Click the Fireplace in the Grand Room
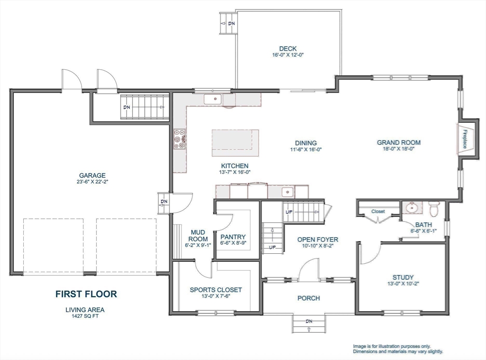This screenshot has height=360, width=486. pos(465,138)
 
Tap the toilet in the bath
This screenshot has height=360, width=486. pos(434,207)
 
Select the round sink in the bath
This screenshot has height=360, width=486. pos(411,208)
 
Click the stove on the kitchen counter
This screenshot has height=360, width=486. pos(179,138)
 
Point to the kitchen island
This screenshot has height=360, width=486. pos(235,142)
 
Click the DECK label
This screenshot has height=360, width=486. pos(288,48)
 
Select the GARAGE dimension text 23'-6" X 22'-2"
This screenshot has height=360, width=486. pos(93,182)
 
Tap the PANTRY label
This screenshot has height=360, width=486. pos(233,237)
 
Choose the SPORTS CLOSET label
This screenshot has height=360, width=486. pos(216,290)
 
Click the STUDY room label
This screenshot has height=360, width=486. pos(402,277)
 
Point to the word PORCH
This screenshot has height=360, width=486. pos(308,298)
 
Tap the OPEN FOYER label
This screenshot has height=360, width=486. pos(318,240)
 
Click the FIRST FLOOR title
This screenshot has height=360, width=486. pos(86,294)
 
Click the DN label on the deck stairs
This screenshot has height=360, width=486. pos(231,23)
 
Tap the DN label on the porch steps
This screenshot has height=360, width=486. pos(309,322)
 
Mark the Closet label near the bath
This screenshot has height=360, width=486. pos(378,212)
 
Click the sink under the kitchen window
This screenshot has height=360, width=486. pos(213,99)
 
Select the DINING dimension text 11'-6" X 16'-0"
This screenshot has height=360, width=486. pos(306,149)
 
